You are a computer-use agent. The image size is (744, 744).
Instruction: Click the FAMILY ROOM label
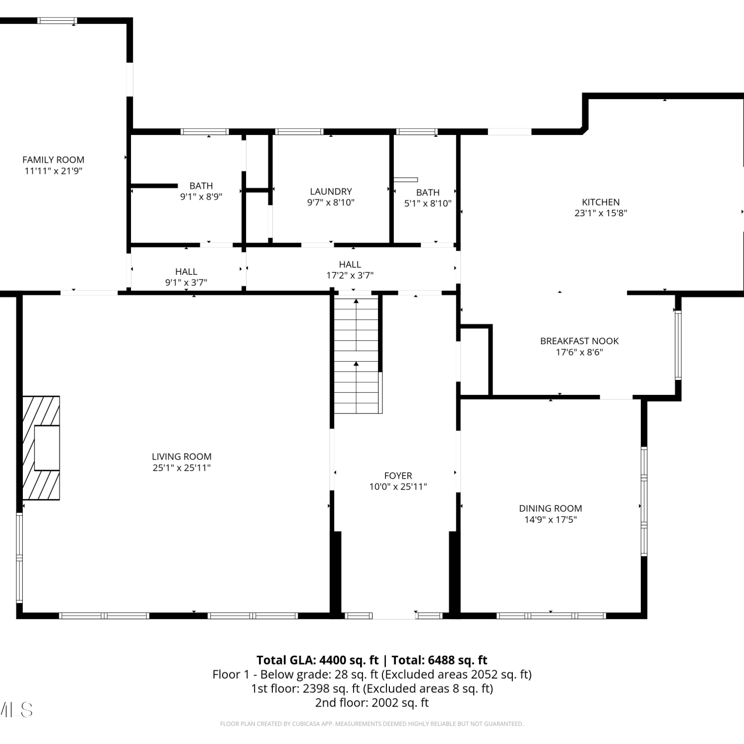pos(53,160)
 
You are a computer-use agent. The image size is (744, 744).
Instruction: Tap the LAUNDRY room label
pos(331,191)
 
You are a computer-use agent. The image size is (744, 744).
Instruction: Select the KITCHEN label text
pos(601,202)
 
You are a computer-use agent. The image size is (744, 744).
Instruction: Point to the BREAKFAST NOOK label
pos(579,341)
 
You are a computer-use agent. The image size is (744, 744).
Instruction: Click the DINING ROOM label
pos(551,508)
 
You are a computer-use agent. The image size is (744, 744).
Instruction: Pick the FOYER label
pos(398,476)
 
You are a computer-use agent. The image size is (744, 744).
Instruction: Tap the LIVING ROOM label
pos(182,457)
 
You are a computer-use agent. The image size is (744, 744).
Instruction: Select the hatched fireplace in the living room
pos(41,448)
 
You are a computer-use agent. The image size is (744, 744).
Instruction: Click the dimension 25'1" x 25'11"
pos(182,468)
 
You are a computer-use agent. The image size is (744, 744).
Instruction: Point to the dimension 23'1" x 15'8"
pos(601,213)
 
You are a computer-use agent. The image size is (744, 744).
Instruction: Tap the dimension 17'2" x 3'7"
pos(350,275)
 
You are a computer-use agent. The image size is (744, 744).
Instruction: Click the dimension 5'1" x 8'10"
pos(428,203)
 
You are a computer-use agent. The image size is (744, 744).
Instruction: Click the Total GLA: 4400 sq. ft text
pos(317,660)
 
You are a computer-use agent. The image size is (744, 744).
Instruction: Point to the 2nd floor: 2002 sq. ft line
pos(372,703)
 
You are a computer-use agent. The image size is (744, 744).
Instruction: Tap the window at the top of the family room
pos(58,21)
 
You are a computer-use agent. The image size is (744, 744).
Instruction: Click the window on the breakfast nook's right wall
pos(678,345)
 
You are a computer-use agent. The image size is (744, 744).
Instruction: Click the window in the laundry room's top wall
pos(299,132)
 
